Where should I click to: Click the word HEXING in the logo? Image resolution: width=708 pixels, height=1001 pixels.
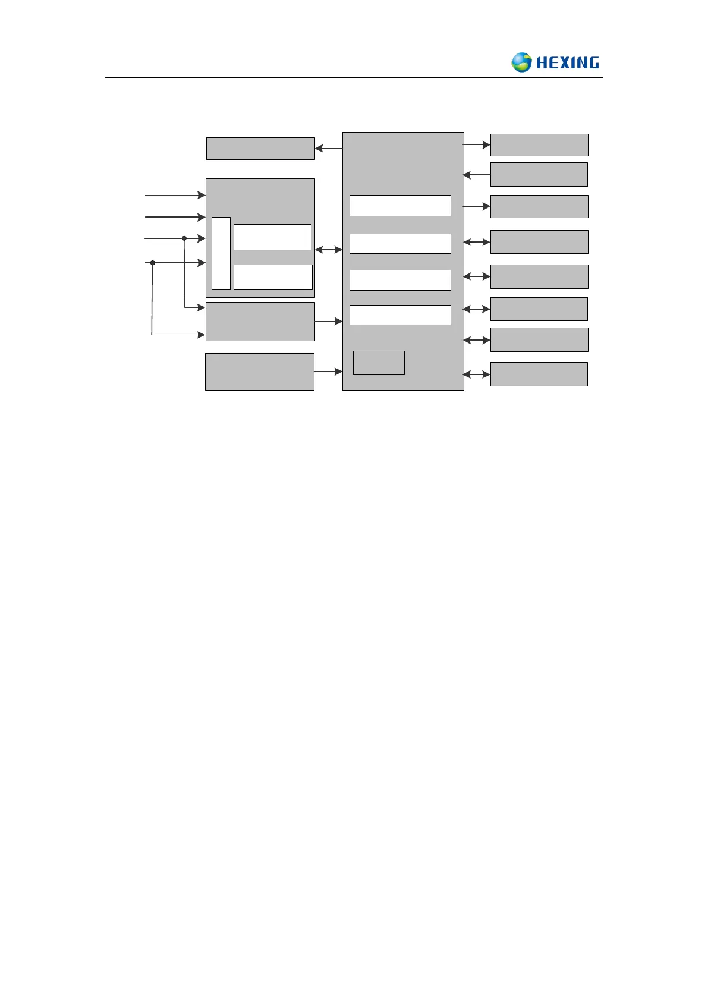(x=567, y=63)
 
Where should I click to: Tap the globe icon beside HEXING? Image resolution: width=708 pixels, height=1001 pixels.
(x=521, y=62)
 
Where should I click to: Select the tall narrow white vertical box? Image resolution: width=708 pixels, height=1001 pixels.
(x=221, y=253)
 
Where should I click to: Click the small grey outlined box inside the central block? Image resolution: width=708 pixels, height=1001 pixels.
(x=379, y=363)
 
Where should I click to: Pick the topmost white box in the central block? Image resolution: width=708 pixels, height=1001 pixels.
(x=400, y=206)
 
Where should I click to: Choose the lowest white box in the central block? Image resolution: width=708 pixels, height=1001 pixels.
(x=400, y=315)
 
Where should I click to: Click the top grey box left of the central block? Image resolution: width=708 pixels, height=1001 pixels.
(x=260, y=149)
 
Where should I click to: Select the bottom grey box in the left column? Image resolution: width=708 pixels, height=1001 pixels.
(x=260, y=372)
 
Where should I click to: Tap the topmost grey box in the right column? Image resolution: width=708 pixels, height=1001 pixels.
(x=539, y=145)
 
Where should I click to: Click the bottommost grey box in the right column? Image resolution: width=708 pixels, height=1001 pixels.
(x=539, y=374)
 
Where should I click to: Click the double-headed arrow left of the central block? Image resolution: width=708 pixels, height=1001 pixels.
(x=329, y=250)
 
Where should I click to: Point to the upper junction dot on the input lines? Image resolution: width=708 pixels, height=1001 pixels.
(x=184, y=238)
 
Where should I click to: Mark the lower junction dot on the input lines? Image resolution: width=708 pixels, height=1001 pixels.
(x=153, y=263)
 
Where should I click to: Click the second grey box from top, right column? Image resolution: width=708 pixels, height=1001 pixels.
(x=539, y=175)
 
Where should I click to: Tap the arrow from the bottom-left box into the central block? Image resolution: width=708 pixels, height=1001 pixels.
(x=329, y=372)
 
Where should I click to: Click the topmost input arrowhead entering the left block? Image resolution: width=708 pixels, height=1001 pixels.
(x=202, y=195)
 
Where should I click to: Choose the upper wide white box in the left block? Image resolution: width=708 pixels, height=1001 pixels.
(x=272, y=237)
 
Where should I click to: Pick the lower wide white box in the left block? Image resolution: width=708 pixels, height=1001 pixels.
(x=273, y=277)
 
